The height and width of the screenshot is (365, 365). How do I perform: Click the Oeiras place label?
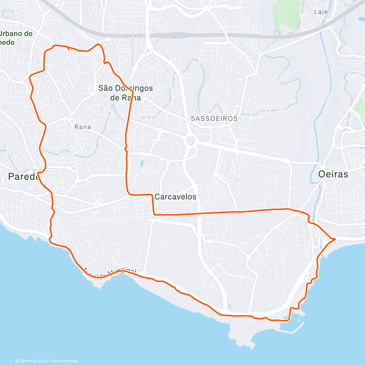(333, 174)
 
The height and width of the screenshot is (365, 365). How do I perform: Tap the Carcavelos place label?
(175, 196)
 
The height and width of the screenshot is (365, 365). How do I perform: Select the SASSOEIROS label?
(214, 119)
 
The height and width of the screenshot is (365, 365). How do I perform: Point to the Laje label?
(321, 12)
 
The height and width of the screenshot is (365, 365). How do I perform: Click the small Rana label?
(83, 127)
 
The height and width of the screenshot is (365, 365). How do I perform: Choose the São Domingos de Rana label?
(125, 93)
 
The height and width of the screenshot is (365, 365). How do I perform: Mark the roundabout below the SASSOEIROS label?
(190, 141)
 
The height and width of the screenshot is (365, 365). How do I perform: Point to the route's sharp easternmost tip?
(335, 239)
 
